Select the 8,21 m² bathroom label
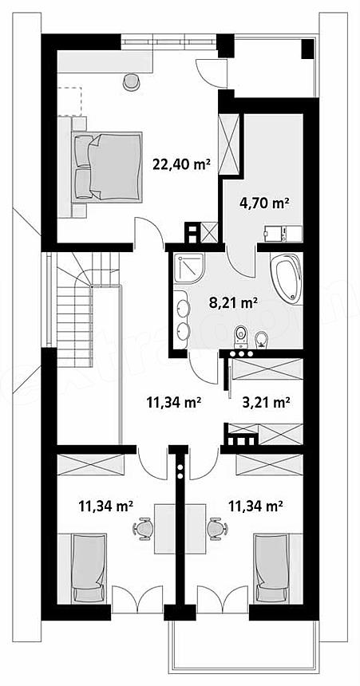coord(233,302)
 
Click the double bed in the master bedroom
coord(108,167)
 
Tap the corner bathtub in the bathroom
coord(287,278)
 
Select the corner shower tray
coord(189,267)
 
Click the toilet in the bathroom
coord(241,336)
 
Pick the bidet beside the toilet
coord(262,339)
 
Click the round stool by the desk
coord(131,81)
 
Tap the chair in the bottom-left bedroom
coord(142,530)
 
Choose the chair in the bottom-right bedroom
coord(217,530)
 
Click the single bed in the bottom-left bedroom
coord(89,568)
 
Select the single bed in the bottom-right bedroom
coord(271,568)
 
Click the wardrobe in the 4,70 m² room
coord(230,144)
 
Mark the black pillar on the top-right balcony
coord(308,48)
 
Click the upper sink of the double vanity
coord(183,309)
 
